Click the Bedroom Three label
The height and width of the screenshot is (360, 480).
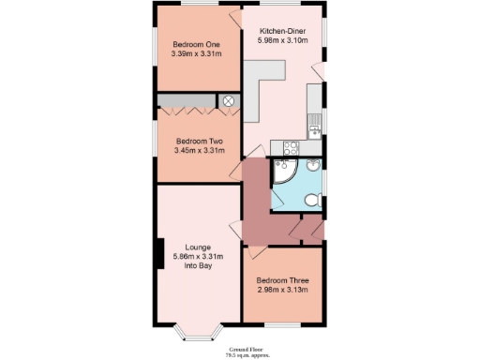click(282, 280)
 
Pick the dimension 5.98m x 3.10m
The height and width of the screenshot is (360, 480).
click(282, 41)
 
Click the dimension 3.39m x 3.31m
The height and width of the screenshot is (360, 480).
click(196, 54)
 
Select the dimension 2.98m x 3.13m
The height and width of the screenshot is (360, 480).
click(282, 291)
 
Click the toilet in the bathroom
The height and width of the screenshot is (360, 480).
click(314, 200)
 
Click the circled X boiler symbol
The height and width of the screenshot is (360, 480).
click(229, 100)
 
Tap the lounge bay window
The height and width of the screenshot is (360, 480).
click(197, 332)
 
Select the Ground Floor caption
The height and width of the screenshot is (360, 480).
click(239, 348)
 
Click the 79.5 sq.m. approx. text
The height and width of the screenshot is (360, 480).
click(239, 354)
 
